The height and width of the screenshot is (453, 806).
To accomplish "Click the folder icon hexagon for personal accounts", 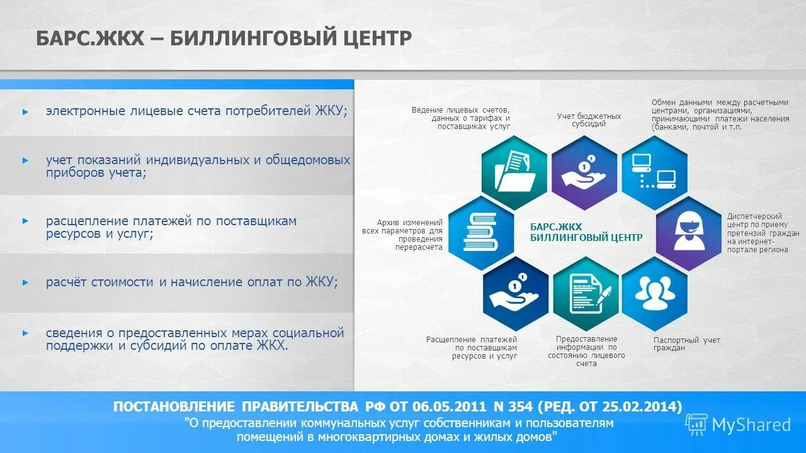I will tap(514, 172).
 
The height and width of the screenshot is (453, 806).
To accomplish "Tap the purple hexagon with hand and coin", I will tap(584, 172).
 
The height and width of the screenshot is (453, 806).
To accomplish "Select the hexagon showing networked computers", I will tap(654, 172).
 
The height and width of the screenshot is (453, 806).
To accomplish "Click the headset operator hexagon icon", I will tap(688, 233).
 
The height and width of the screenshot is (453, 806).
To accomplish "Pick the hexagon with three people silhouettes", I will tap(654, 293).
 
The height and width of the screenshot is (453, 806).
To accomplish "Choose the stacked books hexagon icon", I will tap(480, 233).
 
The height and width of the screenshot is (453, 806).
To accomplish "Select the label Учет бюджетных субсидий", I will tap(589, 120).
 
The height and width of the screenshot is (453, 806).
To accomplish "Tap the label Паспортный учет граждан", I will tap(686, 344).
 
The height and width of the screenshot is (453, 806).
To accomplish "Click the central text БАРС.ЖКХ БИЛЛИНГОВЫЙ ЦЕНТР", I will tap(586, 232).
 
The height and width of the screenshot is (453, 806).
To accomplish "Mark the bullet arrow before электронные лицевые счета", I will tap(25, 111).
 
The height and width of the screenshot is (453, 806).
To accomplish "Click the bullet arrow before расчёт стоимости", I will tap(25, 282).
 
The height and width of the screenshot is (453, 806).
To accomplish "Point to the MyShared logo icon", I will tap(696, 425).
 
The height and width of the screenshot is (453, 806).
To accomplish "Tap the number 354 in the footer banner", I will tap(522, 406).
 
